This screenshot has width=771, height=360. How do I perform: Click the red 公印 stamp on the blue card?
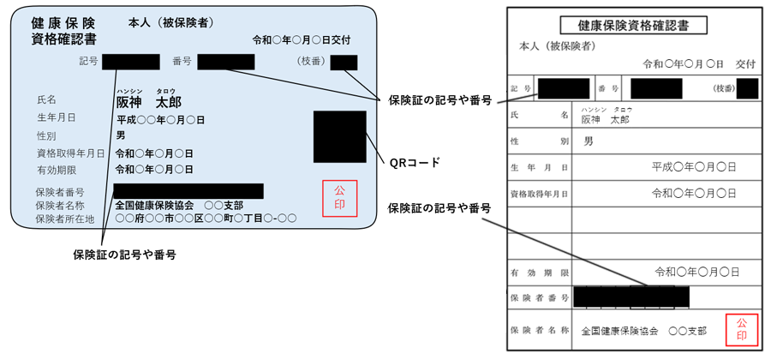pyautogui.click(x=339, y=198)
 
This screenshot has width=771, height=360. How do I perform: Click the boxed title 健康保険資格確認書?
pyautogui.click(x=633, y=26)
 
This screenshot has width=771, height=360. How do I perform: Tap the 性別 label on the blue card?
pyautogui.click(x=48, y=135)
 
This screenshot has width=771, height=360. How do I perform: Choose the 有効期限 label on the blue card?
pyautogui.click(x=59, y=169)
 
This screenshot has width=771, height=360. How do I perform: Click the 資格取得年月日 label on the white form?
pyautogui.click(x=539, y=194)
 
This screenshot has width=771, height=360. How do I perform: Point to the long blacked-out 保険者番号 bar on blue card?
pyautogui.click(x=188, y=191)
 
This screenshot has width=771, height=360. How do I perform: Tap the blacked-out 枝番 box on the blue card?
pyautogui.click(x=344, y=62)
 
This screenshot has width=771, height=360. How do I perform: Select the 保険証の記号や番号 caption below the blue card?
pyautogui.click(x=125, y=255)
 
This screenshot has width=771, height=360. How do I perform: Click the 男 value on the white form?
pyautogui.click(x=588, y=141)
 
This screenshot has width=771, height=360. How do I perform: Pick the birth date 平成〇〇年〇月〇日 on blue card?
pyautogui.click(x=161, y=119)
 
